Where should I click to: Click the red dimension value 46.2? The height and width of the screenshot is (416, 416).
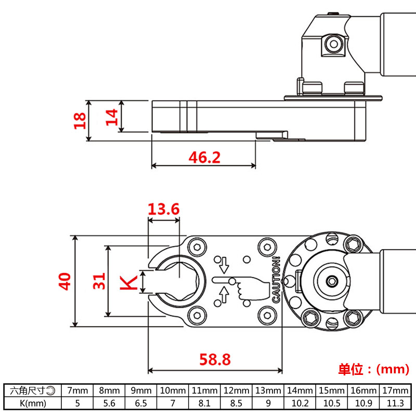[203, 157]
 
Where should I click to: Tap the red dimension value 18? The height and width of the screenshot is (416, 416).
[80, 121]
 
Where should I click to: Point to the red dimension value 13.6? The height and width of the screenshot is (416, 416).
[163, 210]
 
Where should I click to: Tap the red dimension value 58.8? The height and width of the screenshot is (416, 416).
[215, 359]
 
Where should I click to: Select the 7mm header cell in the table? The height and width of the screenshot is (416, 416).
[77, 390]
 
